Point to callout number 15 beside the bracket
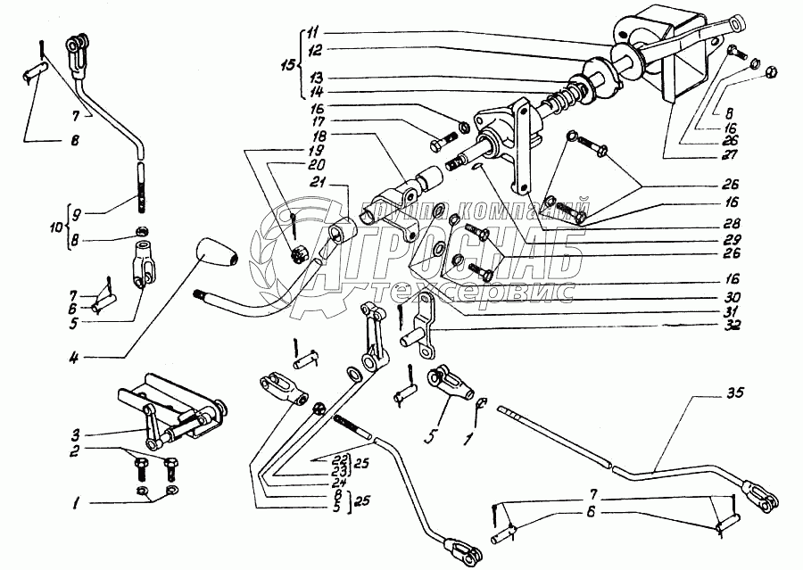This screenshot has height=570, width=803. pyautogui.click(x=286, y=65)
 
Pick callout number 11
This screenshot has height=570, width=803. pyautogui.click(x=312, y=34)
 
